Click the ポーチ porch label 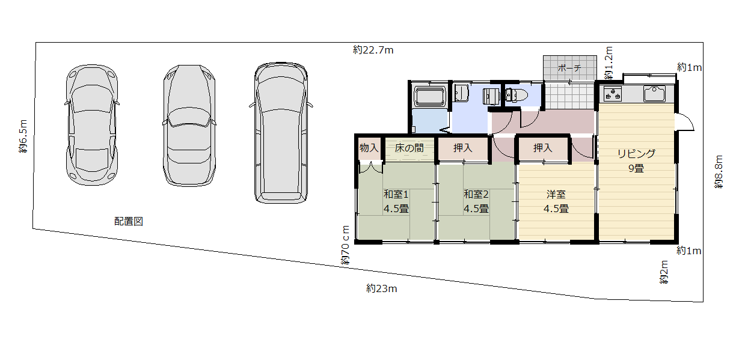point(569,68)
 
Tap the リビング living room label point(636,153)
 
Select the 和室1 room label point(396,194)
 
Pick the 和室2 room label point(476,194)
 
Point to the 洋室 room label point(556,194)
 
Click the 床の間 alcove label point(409,148)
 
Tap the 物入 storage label point(369,148)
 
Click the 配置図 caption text point(129,221)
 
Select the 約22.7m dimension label point(373,50)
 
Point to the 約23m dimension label point(381,288)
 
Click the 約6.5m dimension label point(23,136)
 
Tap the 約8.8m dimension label point(719,172)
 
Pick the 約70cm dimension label point(345,245)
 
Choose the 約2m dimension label point(664,272)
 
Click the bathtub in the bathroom point(429,96)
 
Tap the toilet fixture point(516,95)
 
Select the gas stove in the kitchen point(613,94)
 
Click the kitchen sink point(654,94)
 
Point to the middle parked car point(189,126)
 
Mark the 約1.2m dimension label point(609,63)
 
